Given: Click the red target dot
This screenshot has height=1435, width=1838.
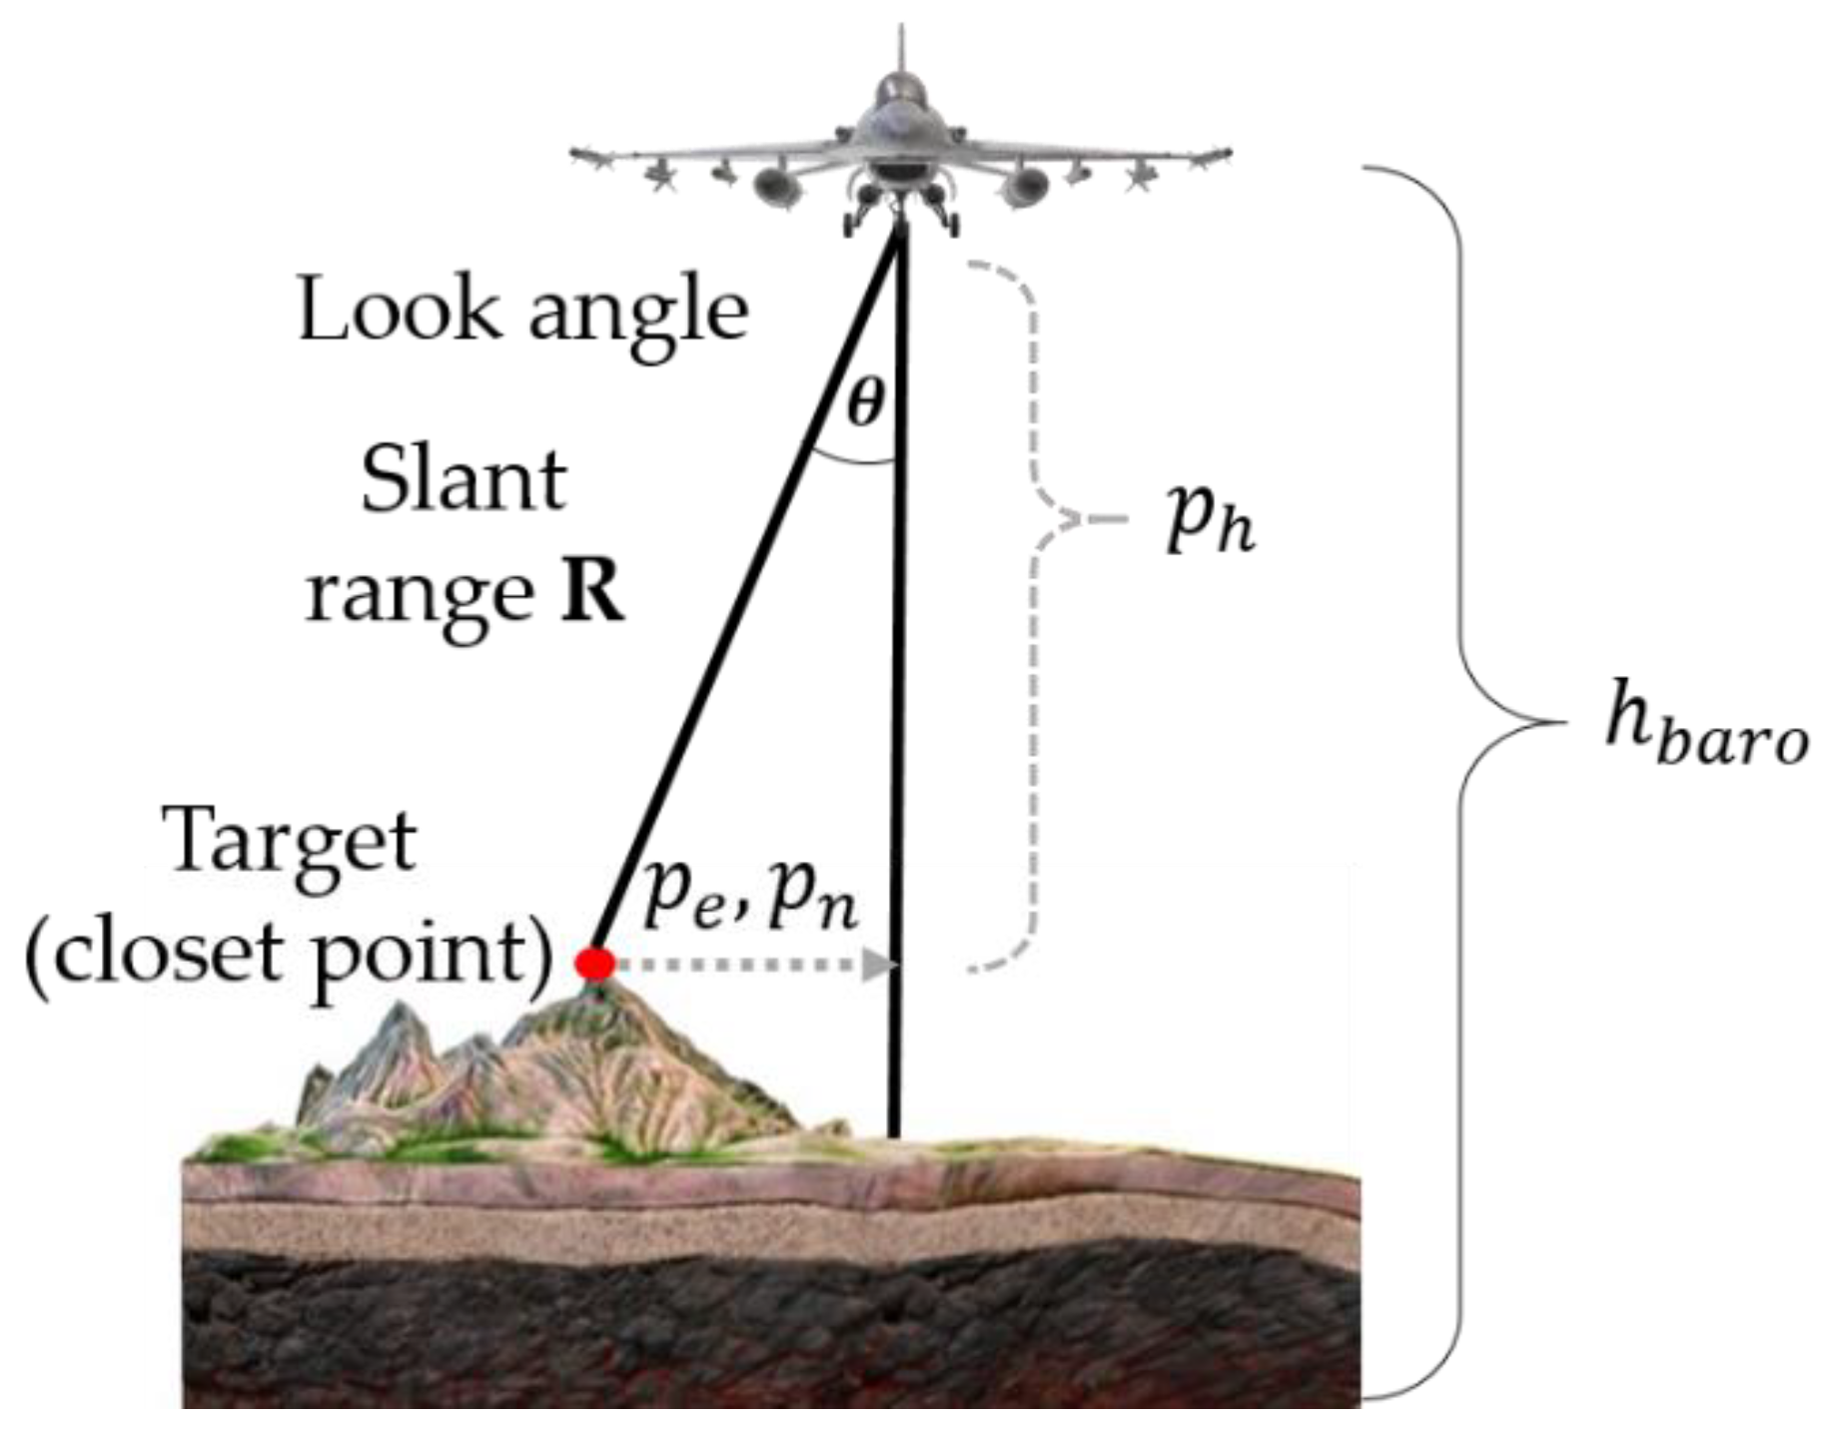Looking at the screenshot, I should point(595,964).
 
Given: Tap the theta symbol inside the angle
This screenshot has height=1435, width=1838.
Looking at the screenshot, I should point(865,404).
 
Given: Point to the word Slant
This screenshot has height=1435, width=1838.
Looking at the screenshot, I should point(463,480).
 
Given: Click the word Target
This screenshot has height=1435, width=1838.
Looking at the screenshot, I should point(293,842).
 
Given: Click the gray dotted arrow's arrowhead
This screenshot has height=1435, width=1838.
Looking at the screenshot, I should point(879,965).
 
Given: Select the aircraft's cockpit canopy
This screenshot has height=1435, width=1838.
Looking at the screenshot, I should point(901,95).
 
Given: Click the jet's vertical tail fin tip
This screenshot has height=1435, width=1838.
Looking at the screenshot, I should point(902,35).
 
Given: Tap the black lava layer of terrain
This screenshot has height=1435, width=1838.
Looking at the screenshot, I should point(769,1328).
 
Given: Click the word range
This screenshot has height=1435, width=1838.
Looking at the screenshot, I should point(420,595).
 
